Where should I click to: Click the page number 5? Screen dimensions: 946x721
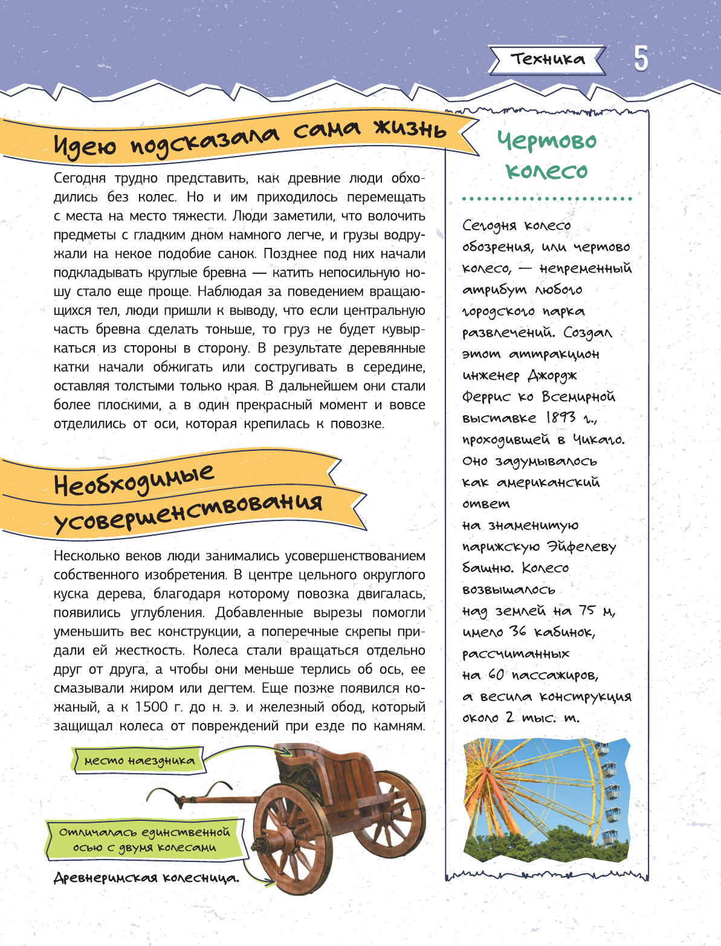coord(641,59)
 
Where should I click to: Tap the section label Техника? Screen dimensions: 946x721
coord(548,59)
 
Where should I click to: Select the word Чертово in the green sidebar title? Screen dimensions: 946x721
coord(546,141)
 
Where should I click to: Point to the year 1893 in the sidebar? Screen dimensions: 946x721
coord(561,418)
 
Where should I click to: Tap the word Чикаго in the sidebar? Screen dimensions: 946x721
coord(598,439)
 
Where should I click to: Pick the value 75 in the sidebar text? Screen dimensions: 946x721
coord(587,611)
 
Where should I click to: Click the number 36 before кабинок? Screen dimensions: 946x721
coord(518,632)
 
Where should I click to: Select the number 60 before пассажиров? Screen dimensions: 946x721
coord(496,675)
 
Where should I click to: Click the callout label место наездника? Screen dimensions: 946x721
coord(140,760)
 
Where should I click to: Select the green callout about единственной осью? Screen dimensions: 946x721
coord(144,840)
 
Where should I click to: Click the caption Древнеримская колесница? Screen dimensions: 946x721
coord(146,878)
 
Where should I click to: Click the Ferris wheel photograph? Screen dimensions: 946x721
coord(546,799)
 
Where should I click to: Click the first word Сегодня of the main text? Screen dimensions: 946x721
coord(80,178)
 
